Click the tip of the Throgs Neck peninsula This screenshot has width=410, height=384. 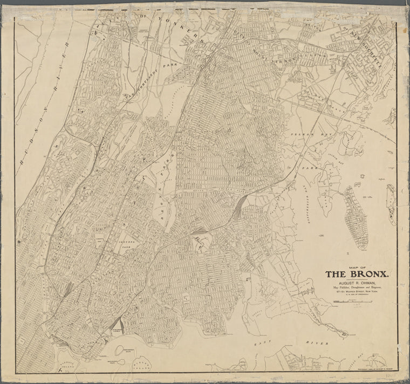tap(344, 334)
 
